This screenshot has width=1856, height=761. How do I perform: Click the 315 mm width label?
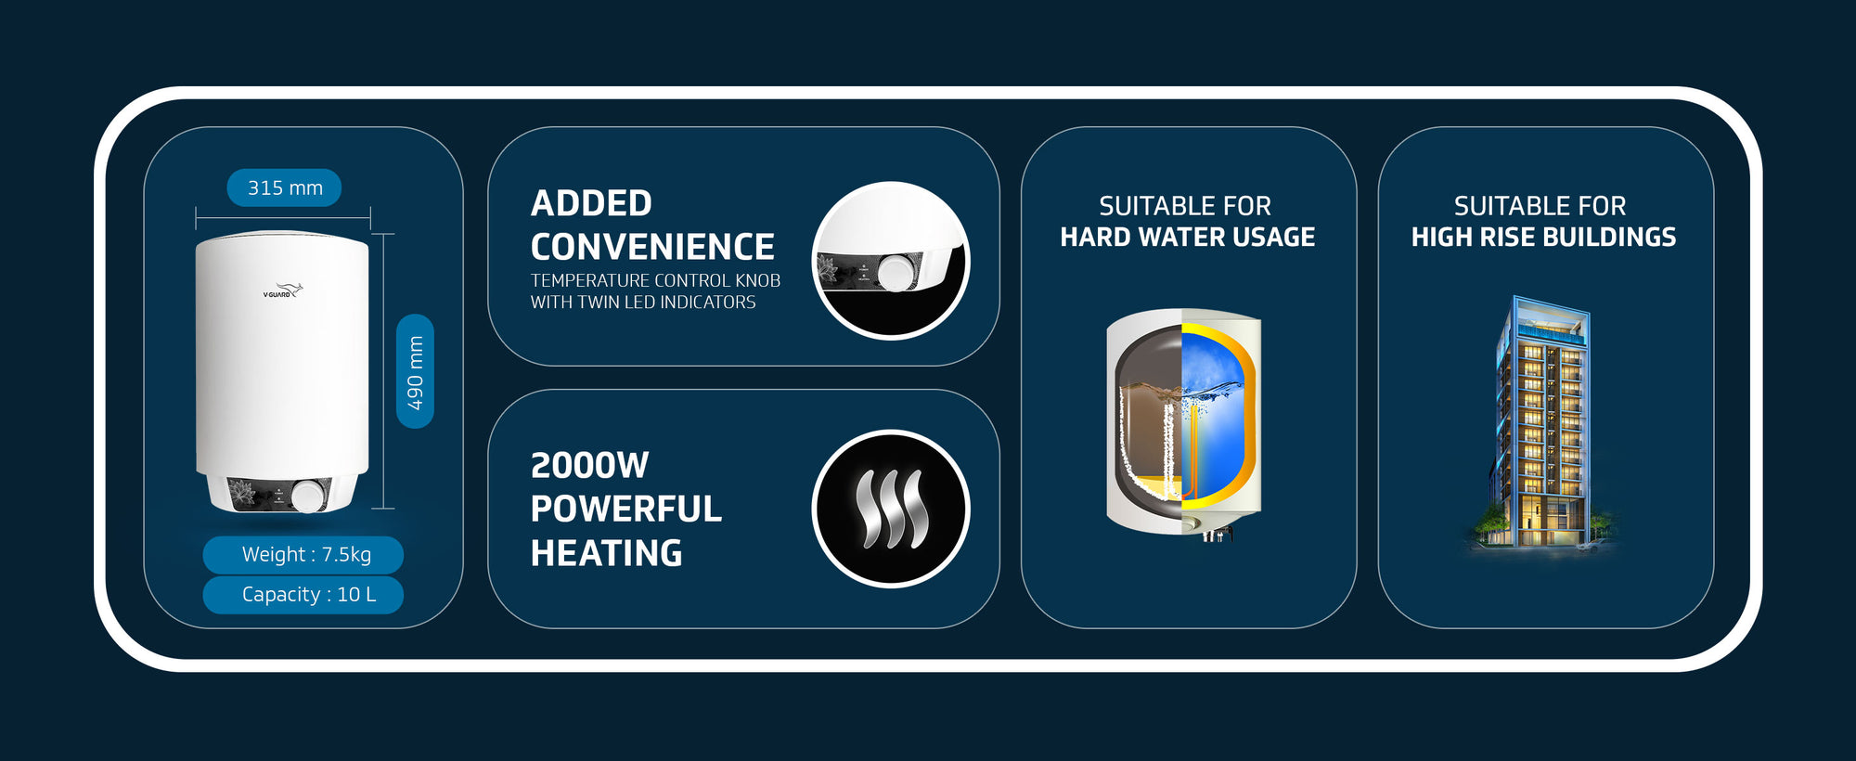point(284,187)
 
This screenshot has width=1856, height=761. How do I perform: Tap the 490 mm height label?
point(415,371)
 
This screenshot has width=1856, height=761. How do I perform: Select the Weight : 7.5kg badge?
point(303,555)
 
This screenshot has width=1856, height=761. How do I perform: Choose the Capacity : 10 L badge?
point(303,595)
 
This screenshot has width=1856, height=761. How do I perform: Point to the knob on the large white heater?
point(308,496)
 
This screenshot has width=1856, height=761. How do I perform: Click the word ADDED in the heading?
point(591,203)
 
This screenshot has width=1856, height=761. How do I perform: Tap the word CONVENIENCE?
point(652,247)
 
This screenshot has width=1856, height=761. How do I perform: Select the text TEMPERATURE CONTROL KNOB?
point(655,280)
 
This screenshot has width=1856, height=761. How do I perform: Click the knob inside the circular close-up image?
point(896,273)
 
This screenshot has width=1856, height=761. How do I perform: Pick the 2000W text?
point(589,465)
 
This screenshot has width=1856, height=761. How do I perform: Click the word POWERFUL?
point(625,509)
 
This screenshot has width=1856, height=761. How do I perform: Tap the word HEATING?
point(606,553)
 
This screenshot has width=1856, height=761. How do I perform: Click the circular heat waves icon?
point(891,509)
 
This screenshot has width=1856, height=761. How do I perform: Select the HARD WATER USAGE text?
point(1188,238)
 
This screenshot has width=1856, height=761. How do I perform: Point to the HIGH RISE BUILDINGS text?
point(1543,238)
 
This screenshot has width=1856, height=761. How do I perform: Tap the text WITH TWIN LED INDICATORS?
point(643,303)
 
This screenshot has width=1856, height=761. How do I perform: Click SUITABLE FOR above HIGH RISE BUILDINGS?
point(1540,205)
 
